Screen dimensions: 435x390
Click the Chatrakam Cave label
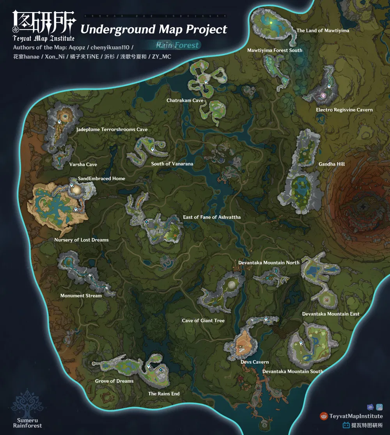185,100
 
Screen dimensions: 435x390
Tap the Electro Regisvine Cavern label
344,110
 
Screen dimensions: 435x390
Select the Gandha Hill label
331,164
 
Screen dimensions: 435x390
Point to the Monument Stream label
81,296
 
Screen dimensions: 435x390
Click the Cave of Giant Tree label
203,320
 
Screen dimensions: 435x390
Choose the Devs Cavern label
255,362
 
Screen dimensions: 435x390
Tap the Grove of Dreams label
114,381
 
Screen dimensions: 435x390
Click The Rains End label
164,394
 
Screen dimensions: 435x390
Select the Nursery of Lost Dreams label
82,240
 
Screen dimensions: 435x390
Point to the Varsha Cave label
83,165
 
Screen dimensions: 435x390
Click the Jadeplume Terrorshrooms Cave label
112,129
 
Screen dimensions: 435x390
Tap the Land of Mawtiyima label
323,30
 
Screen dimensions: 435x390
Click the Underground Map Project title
154,29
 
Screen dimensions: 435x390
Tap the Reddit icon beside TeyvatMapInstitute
323,416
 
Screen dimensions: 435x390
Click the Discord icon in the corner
370,407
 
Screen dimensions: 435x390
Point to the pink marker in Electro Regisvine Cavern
323,95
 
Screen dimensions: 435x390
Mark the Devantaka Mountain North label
269,263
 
